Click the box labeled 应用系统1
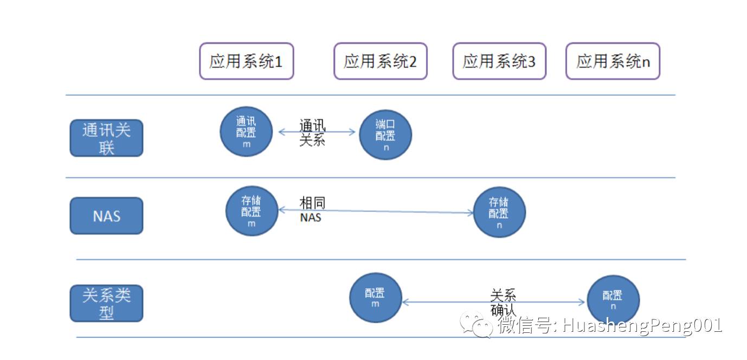(x=246, y=61)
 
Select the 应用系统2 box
(x=380, y=61)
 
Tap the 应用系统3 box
(x=499, y=61)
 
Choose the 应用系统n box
(x=613, y=61)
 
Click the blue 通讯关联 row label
(x=106, y=138)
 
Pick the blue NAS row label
(x=106, y=216)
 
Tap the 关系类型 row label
(x=106, y=304)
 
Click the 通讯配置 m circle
(x=246, y=131)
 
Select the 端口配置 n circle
(x=385, y=135)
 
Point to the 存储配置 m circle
(x=251, y=211)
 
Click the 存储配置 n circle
(x=499, y=213)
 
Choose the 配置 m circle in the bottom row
(x=375, y=298)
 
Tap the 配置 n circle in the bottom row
(x=613, y=300)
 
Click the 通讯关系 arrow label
(x=312, y=133)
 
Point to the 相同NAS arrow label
(x=312, y=210)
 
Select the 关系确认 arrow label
(x=503, y=303)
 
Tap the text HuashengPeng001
(x=642, y=326)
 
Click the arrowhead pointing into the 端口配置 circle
(x=353, y=132)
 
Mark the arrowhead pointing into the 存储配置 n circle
(x=471, y=213)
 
